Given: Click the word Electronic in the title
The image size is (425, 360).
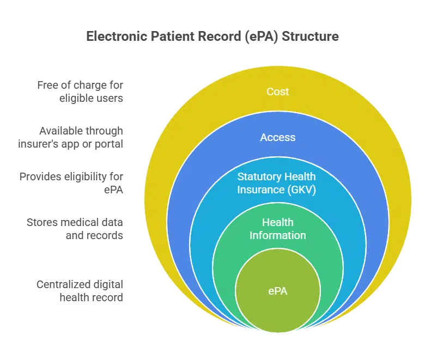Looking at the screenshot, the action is (x=117, y=36).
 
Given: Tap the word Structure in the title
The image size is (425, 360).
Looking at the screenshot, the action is (x=310, y=36).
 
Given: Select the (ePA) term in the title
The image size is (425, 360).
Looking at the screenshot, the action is (x=262, y=37).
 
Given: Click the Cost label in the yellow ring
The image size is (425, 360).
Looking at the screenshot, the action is (x=277, y=91).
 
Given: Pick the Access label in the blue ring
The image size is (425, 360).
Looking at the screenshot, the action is (x=278, y=137).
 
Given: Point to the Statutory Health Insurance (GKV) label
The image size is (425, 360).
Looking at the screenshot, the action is (x=276, y=183).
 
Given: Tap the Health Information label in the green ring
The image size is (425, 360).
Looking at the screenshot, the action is (x=278, y=229).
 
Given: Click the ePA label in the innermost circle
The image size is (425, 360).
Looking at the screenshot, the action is (x=278, y=291).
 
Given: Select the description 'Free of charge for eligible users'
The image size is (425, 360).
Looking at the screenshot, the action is (x=80, y=91).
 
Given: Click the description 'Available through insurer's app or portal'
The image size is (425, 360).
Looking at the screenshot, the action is (x=70, y=137).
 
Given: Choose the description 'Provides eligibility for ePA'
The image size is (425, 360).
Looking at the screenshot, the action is (x=71, y=183).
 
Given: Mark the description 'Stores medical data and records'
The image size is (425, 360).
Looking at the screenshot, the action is (x=75, y=229).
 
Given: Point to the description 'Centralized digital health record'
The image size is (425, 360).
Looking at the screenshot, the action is (x=80, y=291).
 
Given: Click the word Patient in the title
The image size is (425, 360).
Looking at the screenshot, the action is (x=172, y=36).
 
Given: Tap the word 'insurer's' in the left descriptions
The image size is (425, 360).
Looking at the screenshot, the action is (x=38, y=144).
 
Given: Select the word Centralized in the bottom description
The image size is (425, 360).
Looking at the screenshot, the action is (x=63, y=284).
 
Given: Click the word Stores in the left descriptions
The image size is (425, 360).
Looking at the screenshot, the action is (x=42, y=222).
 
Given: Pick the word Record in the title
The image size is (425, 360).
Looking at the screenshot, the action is (x=220, y=36).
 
